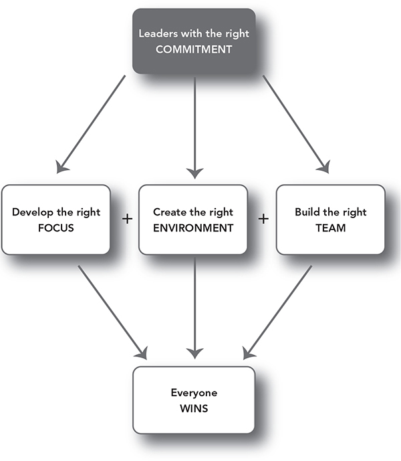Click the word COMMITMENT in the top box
click(194, 49)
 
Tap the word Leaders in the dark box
click(158, 33)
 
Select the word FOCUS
click(56, 228)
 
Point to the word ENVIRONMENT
click(193, 228)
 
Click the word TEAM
click(331, 228)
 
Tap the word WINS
click(194, 408)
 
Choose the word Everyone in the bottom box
click(194, 393)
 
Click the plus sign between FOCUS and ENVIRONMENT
click(127, 219)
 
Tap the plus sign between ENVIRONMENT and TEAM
click(263, 219)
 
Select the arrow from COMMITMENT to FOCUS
click(91, 124)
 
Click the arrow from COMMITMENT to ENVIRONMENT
click(195, 128)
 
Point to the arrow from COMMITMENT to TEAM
click(297, 124)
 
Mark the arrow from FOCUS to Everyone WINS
click(112, 312)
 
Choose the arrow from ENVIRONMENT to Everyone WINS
click(195, 308)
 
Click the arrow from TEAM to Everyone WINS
click(277, 312)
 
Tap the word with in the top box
click(192, 33)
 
